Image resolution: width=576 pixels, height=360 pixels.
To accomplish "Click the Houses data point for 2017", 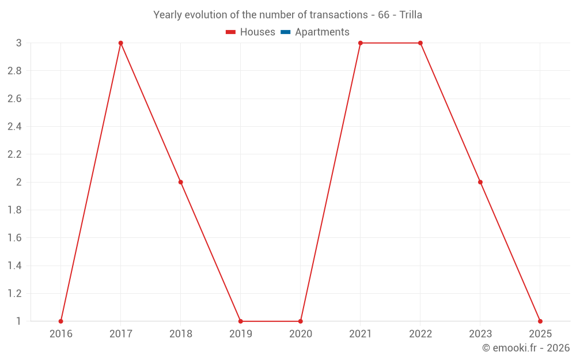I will (x=120, y=43).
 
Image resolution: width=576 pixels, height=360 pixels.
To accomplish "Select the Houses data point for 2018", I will (x=180, y=182).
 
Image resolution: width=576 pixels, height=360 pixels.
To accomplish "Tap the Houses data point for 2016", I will (x=60, y=321).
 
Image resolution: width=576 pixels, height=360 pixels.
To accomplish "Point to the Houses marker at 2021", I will (x=360, y=43).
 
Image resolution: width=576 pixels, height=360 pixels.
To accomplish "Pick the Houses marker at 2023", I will (x=480, y=182).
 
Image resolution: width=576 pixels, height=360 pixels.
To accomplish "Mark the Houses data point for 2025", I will (x=540, y=321).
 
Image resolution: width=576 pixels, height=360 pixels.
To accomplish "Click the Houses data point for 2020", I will (x=300, y=321).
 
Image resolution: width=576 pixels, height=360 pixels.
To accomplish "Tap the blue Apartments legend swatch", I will (x=285, y=32).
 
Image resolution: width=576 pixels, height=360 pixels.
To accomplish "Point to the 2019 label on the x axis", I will (x=240, y=334).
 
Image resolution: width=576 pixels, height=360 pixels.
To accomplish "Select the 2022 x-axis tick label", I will (x=420, y=334).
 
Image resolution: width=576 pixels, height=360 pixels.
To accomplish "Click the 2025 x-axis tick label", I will (x=540, y=334).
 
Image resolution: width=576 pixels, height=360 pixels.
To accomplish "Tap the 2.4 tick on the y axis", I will (x=14, y=127).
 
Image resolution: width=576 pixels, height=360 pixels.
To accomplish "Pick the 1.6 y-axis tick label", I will (x=14, y=238).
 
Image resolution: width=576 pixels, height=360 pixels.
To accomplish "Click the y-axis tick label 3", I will (x=18, y=43).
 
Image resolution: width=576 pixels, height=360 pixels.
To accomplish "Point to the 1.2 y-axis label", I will (x=14, y=293).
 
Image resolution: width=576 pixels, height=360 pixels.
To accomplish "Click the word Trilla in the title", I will (x=411, y=15).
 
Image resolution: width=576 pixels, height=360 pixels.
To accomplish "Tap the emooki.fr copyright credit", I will (x=526, y=348).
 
